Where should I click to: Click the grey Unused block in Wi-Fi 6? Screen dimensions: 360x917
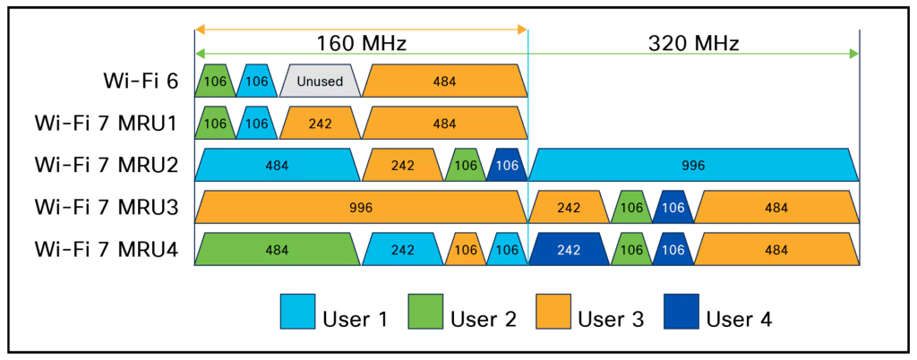(x=320, y=81)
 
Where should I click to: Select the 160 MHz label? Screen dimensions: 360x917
(x=361, y=43)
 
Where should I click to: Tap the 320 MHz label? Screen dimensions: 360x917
(x=693, y=43)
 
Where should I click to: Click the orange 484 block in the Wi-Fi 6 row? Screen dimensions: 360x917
(x=443, y=81)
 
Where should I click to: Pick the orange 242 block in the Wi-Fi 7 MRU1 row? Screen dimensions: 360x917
(x=320, y=124)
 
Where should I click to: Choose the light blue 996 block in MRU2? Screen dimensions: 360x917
(x=693, y=166)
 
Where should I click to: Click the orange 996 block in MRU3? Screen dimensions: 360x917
(x=360, y=208)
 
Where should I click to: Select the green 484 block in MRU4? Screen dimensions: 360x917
(x=277, y=250)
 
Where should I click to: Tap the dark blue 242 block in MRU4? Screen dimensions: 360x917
(x=568, y=250)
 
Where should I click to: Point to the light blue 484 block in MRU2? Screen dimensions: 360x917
(x=277, y=166)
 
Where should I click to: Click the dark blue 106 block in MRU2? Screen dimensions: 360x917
(x=507, y=166)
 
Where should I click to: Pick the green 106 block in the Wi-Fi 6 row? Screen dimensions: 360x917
(x=215, y=81)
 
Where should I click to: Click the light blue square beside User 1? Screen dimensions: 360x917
(x=296, y=312)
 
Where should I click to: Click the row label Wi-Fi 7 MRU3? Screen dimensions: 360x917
(x=107, y=208)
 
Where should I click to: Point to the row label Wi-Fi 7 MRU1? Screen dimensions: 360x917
(x=107, y=124)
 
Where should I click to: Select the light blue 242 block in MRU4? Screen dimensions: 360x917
(x=402, y=250)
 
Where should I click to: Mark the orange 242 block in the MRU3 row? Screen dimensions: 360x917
(x=568, y=208)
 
